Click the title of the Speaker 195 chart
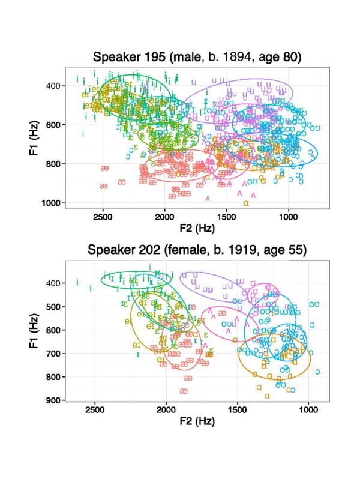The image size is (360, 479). [199, 58]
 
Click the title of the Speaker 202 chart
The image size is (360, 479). [197, 249]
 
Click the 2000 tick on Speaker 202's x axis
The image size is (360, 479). [166, 411]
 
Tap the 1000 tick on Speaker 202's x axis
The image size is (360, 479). [308, 411]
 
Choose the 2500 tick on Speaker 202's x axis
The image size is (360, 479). [94, 411]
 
